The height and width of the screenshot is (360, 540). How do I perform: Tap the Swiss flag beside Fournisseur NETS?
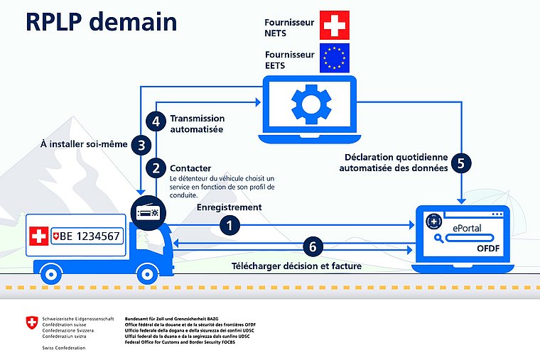tap(335, 25)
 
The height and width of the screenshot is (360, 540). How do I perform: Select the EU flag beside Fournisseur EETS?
tap(335, 58)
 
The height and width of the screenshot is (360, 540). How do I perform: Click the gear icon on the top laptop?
tap(310, 104)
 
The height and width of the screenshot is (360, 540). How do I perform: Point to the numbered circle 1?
tap(229, 225)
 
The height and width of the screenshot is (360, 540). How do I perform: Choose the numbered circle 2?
tap(156, 168)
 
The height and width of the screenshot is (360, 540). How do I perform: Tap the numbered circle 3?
tap(142, 145)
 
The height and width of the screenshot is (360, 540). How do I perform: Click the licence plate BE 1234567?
tap(89, 236)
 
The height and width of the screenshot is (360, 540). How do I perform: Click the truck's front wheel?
tap(146, 273)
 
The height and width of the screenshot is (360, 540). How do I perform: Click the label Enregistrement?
tap(229, 207)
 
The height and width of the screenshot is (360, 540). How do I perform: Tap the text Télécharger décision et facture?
tap(297, 266)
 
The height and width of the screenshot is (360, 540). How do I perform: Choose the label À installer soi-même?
tap(85, 144)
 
